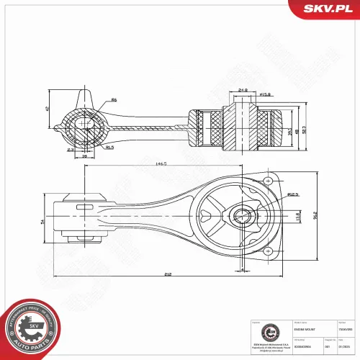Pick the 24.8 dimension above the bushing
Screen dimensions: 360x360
click(x=243, y=90)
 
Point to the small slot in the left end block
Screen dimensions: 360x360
click(x=81, y=209)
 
